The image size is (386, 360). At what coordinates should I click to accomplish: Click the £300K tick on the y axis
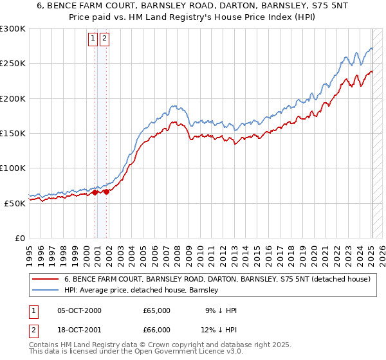point(13,29)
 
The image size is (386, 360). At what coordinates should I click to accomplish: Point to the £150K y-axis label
point(13,133)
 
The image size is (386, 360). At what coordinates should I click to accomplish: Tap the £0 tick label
point(19,238)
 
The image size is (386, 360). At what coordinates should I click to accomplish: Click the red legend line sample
point(45,279)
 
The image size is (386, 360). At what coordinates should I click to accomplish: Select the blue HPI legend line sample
point(45,290)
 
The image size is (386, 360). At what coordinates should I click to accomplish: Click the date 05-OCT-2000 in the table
point(79,310)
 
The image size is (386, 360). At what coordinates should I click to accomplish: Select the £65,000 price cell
point(156,310)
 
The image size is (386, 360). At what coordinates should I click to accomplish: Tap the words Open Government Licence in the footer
point(166,352)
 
